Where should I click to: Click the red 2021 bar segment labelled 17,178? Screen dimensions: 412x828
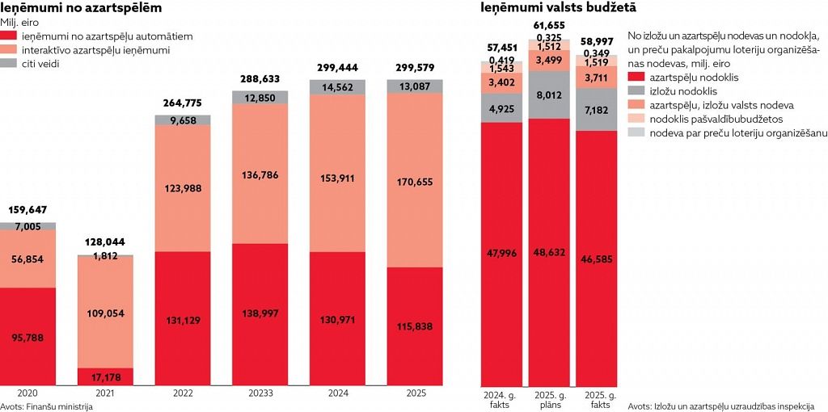pyautogui.click(x=105, y=376)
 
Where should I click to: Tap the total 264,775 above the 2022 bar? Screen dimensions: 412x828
pyautogui.click(x=183, y=103)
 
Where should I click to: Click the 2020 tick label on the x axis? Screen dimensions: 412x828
pyautogui.click(x=27, y=393)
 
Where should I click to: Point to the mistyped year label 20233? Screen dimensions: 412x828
pyautogui.click(x=260, y=393)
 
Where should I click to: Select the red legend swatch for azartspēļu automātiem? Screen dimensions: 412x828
pyautogui.click(x=9, y=36)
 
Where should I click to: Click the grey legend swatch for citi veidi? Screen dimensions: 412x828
pyautogui.click(x=9, y=64)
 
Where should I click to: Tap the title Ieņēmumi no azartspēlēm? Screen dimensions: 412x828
pyautogui.click(x=81, y=8)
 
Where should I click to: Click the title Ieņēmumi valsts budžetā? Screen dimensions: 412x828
pyautogui.click(x=558, y=8)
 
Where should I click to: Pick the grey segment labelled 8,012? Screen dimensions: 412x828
pyautogui.click(x=549, y=95)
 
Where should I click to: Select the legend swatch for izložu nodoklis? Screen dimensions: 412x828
pyautogui.click(x=636, y=91)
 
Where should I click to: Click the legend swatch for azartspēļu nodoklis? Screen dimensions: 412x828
pyautogui.click(x=636, y=77)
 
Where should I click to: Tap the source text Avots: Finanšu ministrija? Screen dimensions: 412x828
pyautogui.click(x=47, y=406)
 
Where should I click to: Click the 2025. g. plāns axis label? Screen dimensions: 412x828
pyautogui.click(x=549, y=399)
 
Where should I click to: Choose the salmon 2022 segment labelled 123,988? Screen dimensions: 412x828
pyautogui.click(x=183, y=188)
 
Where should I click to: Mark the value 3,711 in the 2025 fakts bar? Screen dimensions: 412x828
pyautogui.click(x=596, y=77)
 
